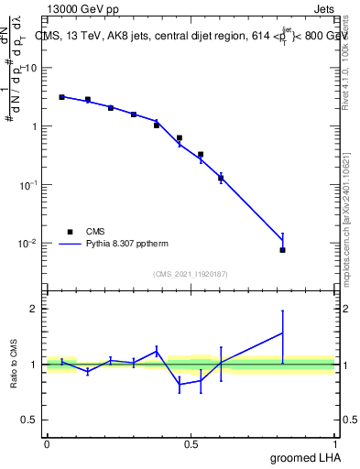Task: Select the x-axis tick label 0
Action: coord(47,442)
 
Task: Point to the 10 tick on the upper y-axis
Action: coord(32,68)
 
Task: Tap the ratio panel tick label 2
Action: coord(36,309)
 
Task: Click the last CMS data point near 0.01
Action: coord(283,250)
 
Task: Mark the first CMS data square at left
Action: coord(61,97)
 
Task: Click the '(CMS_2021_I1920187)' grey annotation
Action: coord(190,273)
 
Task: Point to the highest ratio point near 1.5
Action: coord(283,333)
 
